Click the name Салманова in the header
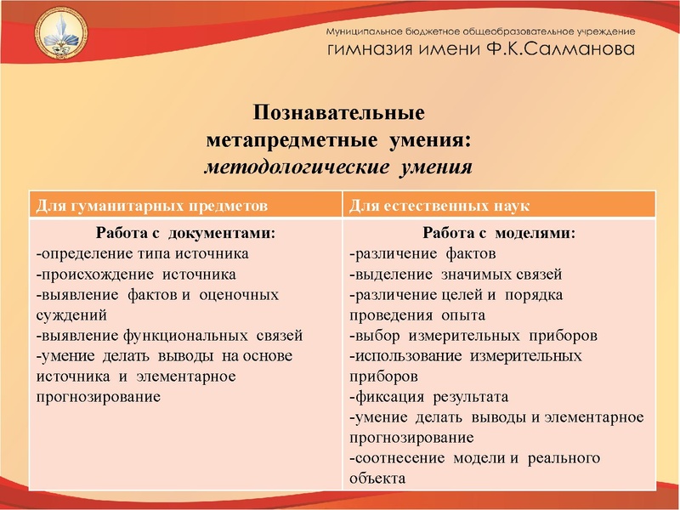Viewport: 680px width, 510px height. tap(580, 49)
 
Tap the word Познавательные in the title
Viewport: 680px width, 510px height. tap(339, 113)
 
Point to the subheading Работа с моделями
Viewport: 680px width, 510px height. tap(498, 233)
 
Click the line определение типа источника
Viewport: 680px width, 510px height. tap(142, 253)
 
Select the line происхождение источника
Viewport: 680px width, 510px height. tap(136, 274)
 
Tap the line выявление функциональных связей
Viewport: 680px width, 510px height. tap(169, 335)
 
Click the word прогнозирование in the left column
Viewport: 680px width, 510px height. tap(99, 396)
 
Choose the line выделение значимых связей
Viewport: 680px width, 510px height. tap(455, 274)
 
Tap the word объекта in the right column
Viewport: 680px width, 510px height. tap(377, 478)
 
